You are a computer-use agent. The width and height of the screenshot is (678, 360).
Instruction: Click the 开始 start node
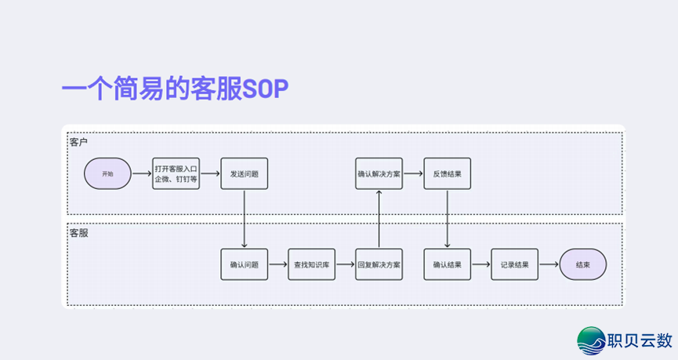(x=108, y=173)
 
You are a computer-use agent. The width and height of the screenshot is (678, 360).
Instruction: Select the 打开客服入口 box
(x=176, y=173)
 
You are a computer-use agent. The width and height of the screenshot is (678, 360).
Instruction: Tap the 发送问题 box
(x=244, y=173)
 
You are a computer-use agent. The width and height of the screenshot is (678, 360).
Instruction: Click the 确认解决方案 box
(x=379, y=173)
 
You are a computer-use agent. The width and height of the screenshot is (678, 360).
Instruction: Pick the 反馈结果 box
(x=447, y=173)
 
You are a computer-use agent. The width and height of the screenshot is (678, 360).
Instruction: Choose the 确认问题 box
(x=244, y=265)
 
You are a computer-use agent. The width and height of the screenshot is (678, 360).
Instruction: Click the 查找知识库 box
(x=312, y=265)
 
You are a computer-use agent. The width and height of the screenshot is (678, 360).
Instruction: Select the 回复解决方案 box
(x=379, y=265)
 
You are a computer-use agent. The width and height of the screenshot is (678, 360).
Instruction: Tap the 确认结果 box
(x=447, y=265)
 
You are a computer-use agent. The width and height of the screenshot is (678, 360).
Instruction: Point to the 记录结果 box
(x=515, y=265)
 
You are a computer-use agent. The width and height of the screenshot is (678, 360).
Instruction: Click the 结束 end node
(x=582, y=265)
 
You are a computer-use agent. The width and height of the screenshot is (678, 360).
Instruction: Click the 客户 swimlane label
(x=78, y=142)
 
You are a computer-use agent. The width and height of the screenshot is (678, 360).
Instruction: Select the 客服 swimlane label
(x=78, y=233)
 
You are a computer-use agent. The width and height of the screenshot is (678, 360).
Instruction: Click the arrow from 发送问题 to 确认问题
(x=245, y=219)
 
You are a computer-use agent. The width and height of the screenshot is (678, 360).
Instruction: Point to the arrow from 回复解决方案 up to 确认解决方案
(x=379, y=219)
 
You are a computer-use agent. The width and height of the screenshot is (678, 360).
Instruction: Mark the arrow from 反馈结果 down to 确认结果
(x=448, y=219)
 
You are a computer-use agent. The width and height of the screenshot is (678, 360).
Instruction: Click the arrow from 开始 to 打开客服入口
(x=142, y=173)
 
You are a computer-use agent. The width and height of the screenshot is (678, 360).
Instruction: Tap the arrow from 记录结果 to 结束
(x=549, y=265)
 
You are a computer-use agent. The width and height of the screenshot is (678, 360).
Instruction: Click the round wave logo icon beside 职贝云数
(x=592, y=340)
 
